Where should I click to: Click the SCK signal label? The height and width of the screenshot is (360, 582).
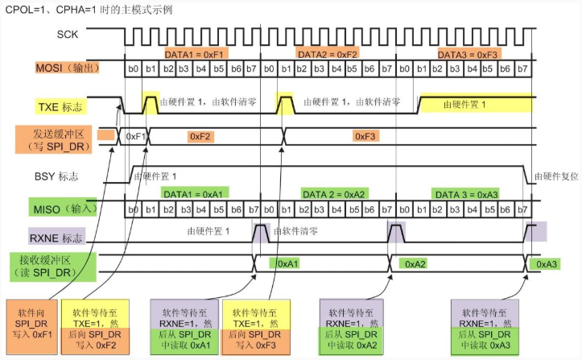coord(68,35)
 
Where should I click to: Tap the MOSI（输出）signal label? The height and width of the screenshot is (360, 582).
coord(68,68)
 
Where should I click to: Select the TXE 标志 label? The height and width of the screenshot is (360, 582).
coord(60,107)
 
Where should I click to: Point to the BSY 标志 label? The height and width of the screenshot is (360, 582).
coord(56,176)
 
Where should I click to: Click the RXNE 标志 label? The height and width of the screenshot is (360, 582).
coord(56,238)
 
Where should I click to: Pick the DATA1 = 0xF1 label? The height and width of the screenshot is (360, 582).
coord(194,55)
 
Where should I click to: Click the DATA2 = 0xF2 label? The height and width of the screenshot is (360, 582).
coord(328,55)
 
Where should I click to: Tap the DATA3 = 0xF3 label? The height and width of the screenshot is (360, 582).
coord(468,55)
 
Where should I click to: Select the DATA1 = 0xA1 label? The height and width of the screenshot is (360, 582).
coord(193,194)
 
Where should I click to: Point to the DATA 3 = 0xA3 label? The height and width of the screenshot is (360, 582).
coord(467,195)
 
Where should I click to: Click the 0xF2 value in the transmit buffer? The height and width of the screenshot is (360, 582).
coord(200,136)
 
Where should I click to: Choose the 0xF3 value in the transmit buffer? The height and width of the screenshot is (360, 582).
coord(365,136)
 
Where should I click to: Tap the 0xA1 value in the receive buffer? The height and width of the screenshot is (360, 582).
coord(288,264)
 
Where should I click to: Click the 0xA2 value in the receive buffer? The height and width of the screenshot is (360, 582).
coord(415,264)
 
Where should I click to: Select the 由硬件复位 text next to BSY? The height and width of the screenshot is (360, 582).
coord(556,176)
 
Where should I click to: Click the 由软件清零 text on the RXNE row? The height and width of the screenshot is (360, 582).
coord(295,231)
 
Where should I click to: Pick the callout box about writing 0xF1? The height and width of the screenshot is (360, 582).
coord(32,326)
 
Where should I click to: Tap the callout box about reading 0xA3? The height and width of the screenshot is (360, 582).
coord(485,327)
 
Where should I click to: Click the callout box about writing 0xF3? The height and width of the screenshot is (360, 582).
coord(256,327)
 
